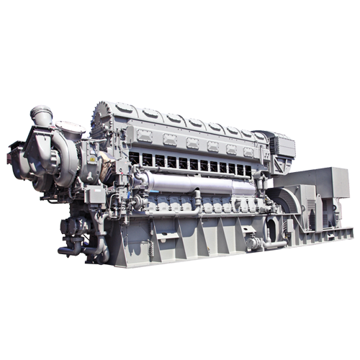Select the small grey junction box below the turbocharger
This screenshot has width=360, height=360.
92,194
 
